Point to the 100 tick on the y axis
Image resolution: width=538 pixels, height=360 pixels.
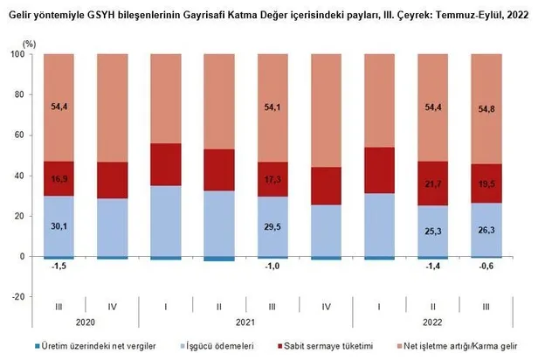coord(17,54)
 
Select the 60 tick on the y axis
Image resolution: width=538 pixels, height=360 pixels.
coord(19,135)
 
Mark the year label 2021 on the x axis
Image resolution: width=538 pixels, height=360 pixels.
coord(246,323)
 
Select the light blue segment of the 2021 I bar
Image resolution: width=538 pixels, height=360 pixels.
coord(166,220)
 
